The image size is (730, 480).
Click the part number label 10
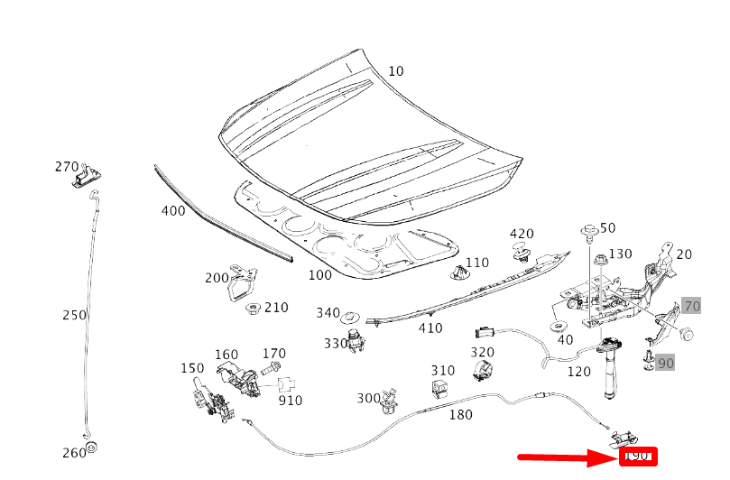coord(397,71)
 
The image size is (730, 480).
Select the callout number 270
coord(67,167)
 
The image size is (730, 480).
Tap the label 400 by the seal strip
coord(173,211)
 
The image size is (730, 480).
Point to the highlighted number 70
coord(691,305)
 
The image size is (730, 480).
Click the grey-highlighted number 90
coord(665,363)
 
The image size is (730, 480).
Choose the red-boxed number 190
coord(639,457)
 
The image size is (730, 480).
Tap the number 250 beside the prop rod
coord(74,315)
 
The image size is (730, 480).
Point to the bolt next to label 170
coord(271,368)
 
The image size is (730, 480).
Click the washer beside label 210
coord(253,309)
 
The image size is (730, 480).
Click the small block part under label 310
coord(440,388)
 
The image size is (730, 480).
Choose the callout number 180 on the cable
coord(460,415)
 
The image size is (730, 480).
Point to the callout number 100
coord(319,275)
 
